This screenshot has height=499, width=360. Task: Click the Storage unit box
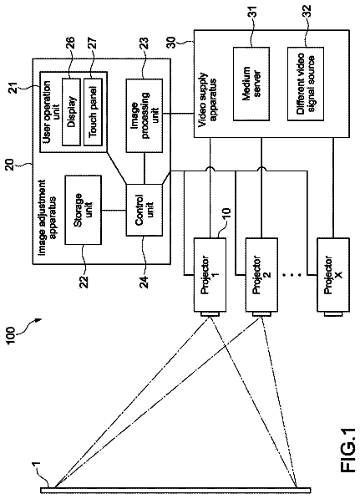[83, 210]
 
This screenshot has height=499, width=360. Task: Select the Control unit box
[144, 210]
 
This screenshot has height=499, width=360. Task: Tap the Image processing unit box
[144, 115]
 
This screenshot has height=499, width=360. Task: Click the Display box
[71, 111]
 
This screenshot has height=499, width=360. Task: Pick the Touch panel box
[93, 111]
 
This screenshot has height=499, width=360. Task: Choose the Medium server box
[251, 84]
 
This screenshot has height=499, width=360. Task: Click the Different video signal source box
[306, 84]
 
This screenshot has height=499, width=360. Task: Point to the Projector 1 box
[210, 275]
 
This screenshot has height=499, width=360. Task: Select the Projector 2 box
[261, 275]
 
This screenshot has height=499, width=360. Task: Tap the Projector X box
[333, 275]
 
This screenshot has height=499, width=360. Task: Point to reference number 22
[84, 281]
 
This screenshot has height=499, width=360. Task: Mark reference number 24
[145, 281]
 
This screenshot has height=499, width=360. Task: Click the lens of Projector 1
[210, 314]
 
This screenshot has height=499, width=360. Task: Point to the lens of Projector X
[333, 314]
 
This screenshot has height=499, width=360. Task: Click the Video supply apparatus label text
[209, 100]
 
